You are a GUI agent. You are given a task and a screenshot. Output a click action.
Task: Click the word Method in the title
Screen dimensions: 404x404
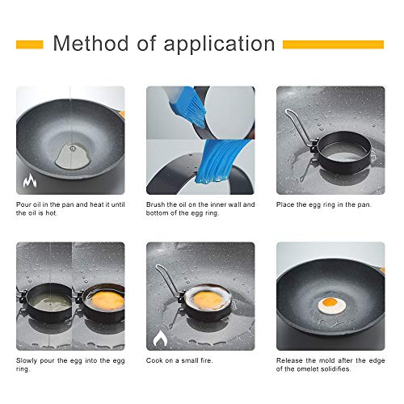[87, 44]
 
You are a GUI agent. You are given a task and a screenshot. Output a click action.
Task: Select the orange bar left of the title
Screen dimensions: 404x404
[29, 44]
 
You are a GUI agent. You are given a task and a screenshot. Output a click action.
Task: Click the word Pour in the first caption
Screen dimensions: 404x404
[24, 204]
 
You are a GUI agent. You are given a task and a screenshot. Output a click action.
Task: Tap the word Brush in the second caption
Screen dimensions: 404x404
[157, 204]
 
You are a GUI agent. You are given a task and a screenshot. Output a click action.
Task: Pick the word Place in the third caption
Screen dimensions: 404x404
[287, 204]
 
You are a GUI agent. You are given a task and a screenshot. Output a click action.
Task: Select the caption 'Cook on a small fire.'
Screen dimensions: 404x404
[179, 360]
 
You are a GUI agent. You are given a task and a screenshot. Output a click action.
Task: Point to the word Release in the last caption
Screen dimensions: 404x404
[292, 360]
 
